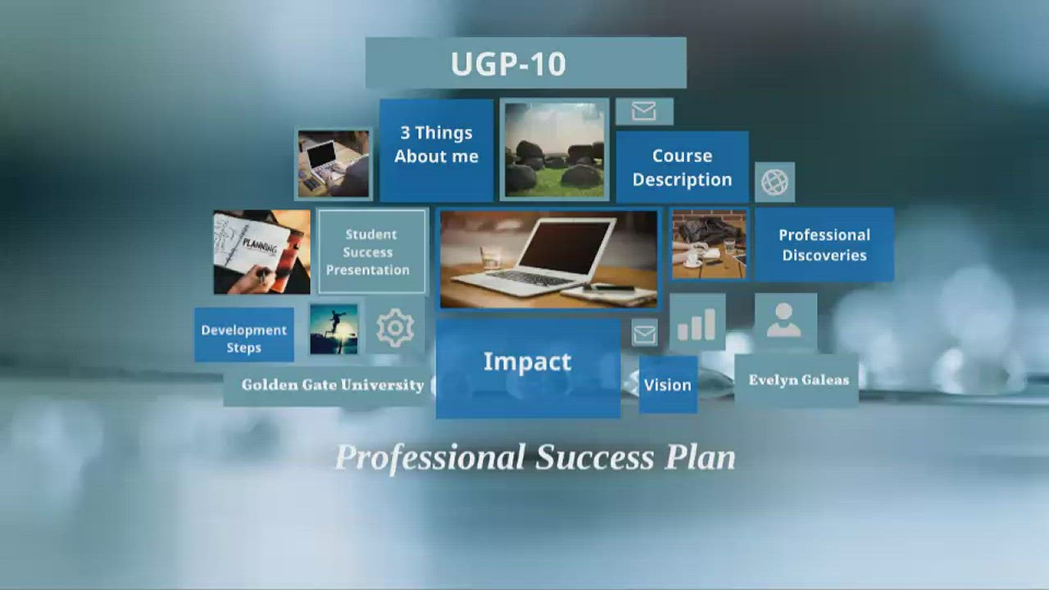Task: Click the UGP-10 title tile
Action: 525,63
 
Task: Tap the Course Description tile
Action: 682,167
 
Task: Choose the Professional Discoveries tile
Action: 824,244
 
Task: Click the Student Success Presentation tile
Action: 371,252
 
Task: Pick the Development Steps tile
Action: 243,336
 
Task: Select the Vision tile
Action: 667,384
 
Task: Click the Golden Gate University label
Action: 332,385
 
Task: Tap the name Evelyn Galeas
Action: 798,380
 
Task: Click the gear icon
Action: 394,329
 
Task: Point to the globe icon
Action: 774,182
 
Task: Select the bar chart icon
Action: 697,323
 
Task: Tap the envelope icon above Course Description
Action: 644,111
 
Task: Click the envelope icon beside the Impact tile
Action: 644,334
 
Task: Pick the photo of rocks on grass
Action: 554,150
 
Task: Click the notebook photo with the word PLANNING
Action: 261,252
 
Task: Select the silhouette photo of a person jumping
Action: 334,329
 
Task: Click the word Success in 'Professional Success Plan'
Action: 594,457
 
